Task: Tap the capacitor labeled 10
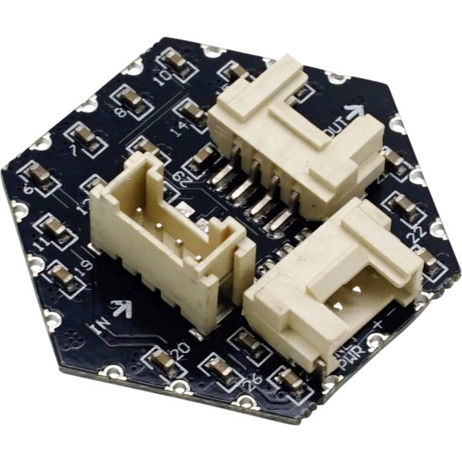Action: (176, 61)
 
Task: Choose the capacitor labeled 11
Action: (55, 226)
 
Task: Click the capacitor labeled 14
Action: (193, 112)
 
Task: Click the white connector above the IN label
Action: (171, 240)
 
